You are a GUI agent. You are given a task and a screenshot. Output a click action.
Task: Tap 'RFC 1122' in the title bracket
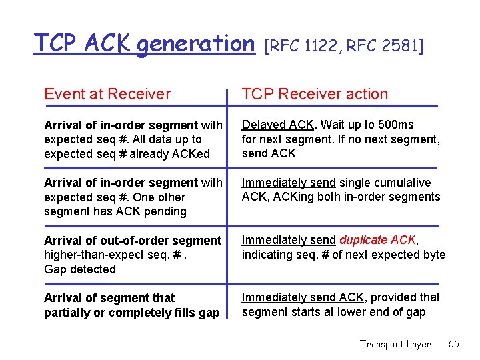click(300, 46)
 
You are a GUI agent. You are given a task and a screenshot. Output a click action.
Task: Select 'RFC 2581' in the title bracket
click(382, 46)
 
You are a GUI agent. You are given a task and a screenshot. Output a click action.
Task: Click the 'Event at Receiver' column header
click(107, 94)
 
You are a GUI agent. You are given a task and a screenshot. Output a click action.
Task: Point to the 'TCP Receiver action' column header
click(315, 94)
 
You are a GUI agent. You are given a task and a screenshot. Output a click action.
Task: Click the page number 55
click(454, 344)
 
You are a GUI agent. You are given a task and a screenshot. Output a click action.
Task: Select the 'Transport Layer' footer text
click(395, 344)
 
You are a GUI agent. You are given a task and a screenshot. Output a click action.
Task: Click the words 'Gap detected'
click(80, 269)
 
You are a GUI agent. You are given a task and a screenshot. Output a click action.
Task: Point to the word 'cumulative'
click(398, 182)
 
